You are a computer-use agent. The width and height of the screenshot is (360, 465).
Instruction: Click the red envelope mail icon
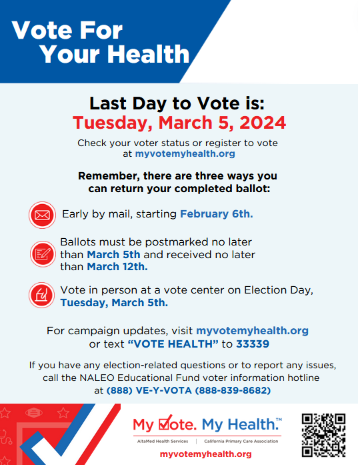[43, 215]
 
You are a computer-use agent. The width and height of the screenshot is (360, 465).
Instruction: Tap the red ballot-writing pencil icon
[43, 254]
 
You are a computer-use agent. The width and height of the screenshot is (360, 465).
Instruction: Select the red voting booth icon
[42, 295]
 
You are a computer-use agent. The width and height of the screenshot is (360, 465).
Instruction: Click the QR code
[323, 435]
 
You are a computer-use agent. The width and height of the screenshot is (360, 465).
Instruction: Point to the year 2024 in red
[263, 123]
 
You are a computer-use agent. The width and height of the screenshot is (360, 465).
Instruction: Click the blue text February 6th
[217, 213]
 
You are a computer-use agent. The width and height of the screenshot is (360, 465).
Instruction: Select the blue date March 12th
[117, 267]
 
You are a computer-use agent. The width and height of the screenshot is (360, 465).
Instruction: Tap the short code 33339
[253, 344]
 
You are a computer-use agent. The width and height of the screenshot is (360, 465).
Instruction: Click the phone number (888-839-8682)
[233, 390]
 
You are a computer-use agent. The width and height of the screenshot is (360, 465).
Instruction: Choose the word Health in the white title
[149, 54]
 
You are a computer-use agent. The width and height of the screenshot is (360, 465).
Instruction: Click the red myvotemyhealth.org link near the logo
[205, 454]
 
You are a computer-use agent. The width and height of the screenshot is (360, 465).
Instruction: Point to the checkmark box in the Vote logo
[165, 423]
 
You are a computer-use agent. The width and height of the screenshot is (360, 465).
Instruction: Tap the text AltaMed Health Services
[163, 441]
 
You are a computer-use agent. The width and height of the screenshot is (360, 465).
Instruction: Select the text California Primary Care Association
[241, 441]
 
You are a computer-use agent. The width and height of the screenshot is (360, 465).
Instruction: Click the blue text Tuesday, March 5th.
[114, 303]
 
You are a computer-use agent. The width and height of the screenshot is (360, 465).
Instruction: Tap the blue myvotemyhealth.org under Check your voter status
[185, 153]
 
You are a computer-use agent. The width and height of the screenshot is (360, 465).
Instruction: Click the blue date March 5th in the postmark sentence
[113, 254]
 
